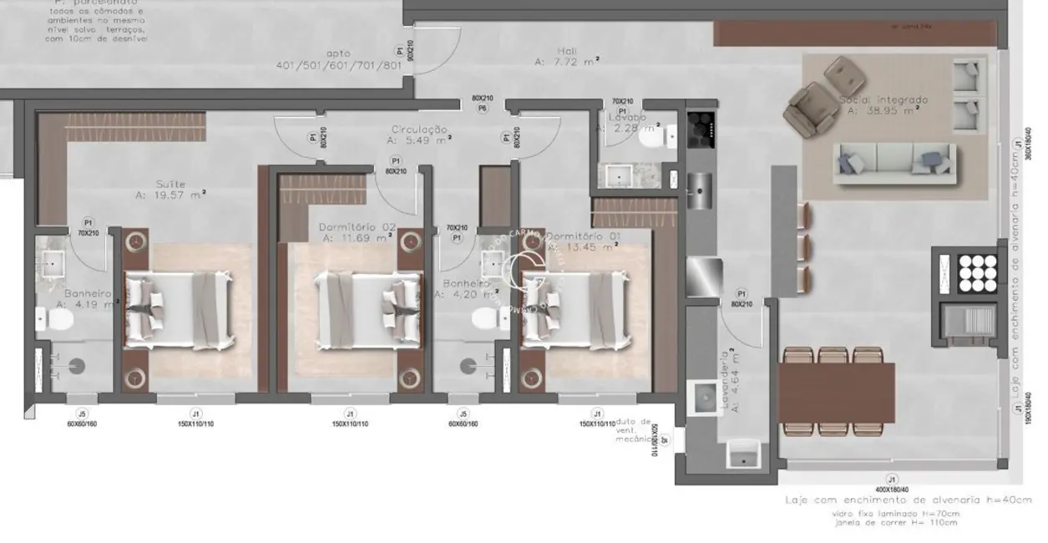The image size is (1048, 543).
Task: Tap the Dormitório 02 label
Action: pyautogui.click(x=357, y=226)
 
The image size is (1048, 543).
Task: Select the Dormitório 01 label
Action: pyautogui.click(x=583, y=236)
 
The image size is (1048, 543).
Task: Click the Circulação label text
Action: pyautogui.click(x=419, y=130)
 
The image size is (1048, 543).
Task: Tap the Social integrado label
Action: pyautogui.click(x=883, y=99)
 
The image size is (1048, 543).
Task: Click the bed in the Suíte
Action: pyautogui.click(x=178, y=308)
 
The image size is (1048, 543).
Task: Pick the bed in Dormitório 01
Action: pyautogui.click(x=575, y=308)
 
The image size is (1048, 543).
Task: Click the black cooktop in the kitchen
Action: pyautogui.click(x=699, y=124)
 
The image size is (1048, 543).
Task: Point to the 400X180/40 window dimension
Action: pyautogui.click(x=892, y=489)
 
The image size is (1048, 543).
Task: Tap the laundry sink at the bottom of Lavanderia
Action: pyautogui.click(x=742, y=456)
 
